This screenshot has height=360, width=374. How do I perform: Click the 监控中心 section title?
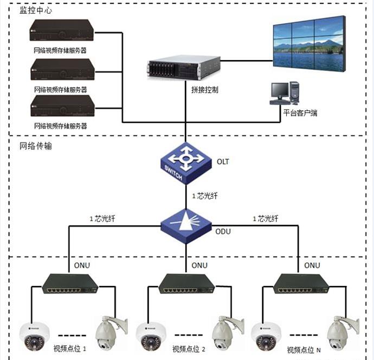tap(36, 10)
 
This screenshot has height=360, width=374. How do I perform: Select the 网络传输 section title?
tap(36, 146)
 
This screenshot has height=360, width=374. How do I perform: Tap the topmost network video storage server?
tap(62, 30)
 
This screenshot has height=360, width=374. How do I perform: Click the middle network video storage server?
tap(62, 69)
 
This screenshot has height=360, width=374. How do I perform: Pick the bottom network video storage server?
tap(62, 106)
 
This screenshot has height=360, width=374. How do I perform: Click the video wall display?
tap(309, 44)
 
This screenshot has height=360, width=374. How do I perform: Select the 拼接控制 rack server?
tap(183, 68)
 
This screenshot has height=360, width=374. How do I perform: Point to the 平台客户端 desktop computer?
tap(285, 93)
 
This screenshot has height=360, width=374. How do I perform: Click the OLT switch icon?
tap(186, 163)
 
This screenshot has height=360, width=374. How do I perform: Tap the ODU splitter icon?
tap(186, 226)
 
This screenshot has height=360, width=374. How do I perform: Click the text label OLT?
tap(223, 161)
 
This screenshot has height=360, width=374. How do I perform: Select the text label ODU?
tap(223, 232)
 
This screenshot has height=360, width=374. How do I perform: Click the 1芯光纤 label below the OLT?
tap(205, 196)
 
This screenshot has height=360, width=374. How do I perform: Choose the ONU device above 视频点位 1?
tap(70, 284)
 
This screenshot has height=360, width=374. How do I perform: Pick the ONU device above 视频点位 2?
tap(187, 284)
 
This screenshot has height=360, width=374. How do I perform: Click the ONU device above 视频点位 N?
tap(301, 284)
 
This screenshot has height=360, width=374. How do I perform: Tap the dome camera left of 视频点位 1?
tap(35, 336)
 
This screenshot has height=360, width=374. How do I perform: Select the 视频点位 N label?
tap(304, 350)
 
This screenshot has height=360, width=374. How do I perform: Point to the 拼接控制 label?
tap(205, 90)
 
